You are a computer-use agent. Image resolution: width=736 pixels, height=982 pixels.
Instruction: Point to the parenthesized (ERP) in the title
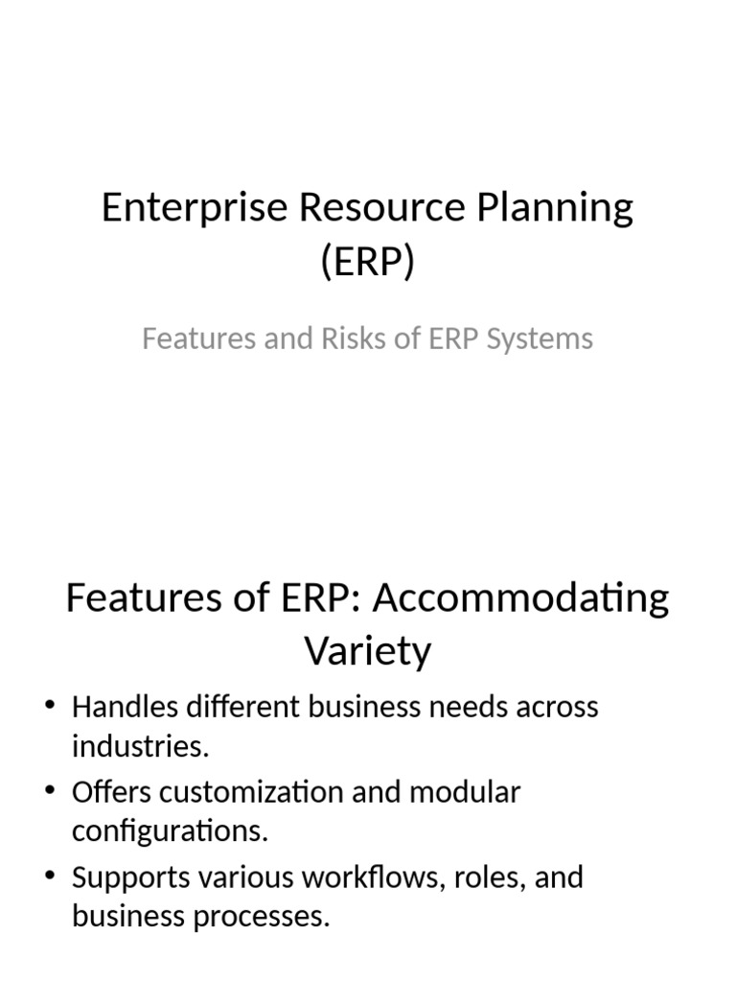pos(368,262)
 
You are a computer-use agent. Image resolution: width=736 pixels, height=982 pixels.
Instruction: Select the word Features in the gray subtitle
pos(195,339)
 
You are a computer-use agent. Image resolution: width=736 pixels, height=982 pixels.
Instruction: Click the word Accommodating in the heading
pos(521,598)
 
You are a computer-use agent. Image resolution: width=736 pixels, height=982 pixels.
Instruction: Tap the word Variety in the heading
pos(368,651)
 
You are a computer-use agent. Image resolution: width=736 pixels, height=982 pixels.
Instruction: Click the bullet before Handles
pos(51,708)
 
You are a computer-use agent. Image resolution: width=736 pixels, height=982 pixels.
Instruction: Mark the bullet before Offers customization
pos(51,793)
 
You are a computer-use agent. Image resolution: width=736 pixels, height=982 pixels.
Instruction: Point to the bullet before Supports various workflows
pos(51,878)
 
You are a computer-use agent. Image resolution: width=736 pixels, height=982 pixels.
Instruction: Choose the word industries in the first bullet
pos(138,747)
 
